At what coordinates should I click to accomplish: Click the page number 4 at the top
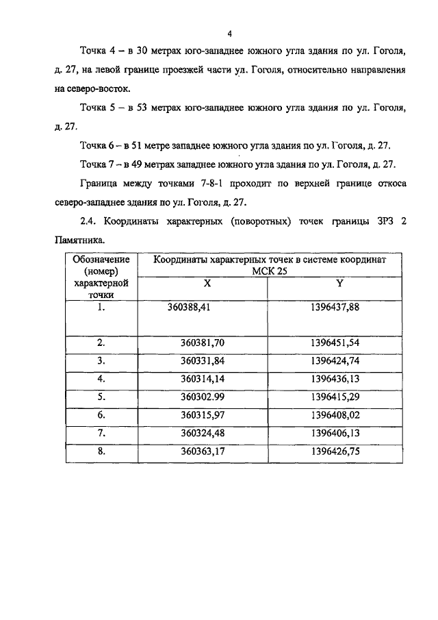pyautogui.click(x=231, y=33)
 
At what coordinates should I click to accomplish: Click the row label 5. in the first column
pyautogui.click(x=101, y=397)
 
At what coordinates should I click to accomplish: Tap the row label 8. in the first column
pyautogui.click(x=101, y=451)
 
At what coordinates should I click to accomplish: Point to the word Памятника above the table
pyautogui.click(x=79, y=240)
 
